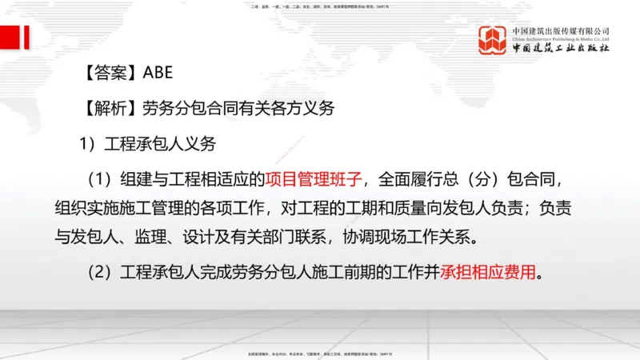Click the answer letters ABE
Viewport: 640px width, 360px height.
[x=157, y=74]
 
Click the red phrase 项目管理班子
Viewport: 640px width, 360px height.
[x=314, y=177]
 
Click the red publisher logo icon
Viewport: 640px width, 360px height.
[x=494, y=40]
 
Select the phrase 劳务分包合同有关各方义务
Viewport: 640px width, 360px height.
[x=238, y=109]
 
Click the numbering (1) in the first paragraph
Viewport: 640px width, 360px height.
[x=100, y=177]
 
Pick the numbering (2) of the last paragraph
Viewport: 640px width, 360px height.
[x=100, y=272]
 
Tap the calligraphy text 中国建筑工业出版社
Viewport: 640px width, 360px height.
[x=561, y=49]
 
